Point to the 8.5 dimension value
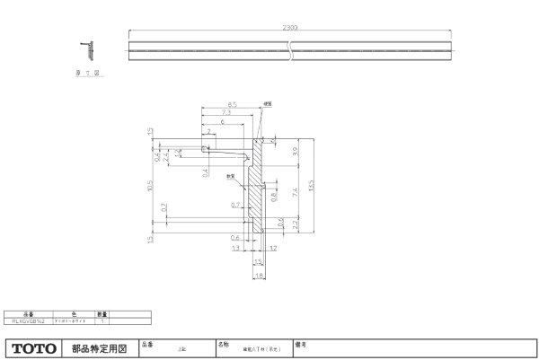click(x=231, y=106)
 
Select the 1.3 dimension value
click(x=234, y=247)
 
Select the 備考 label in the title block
click(x=305, y=343)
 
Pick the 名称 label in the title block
click(x=223, y=343)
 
